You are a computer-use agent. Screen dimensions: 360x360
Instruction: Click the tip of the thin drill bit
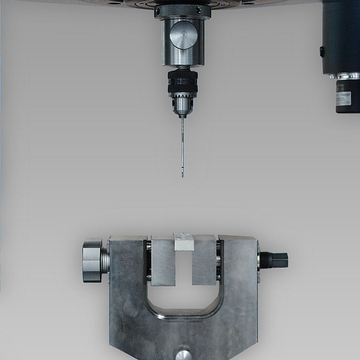182,176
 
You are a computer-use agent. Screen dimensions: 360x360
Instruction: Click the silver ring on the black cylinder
343,76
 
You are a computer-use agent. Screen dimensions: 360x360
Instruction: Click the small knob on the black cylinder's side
321,51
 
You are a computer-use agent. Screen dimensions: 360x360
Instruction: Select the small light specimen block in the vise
183,242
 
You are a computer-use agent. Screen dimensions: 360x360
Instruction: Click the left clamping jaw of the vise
162,261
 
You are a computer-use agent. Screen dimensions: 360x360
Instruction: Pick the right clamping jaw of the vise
204,261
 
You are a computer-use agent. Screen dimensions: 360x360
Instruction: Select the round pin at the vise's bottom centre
183,353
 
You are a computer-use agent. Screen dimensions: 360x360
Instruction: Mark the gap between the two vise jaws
183,268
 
